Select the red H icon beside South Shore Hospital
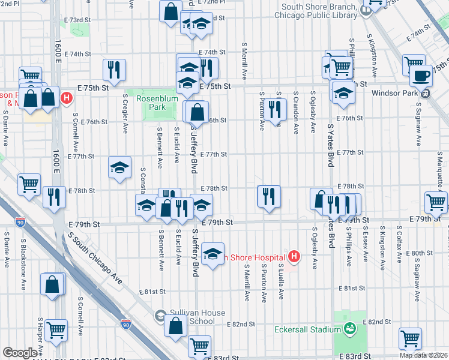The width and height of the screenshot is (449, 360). (x=294, y=257)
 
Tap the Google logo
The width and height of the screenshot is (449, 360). (x=20, y=353)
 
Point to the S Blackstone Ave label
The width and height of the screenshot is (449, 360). (x=23, y=260)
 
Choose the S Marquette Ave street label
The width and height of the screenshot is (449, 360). (x=439, y=170)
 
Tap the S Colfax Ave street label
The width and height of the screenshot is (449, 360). (x=399, y=245)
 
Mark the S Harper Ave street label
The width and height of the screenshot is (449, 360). (x=40, y=336)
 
